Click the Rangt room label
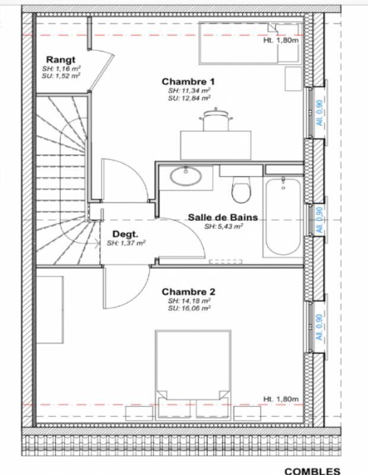click(61, 59)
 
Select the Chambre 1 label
click(188, 81)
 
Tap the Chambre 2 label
click(188, 292)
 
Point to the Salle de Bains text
click(223, 217)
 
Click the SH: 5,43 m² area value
click(223, 226)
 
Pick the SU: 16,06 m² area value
click(189, 309)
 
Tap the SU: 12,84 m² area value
click(189, 99)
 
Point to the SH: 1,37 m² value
click(126, 243)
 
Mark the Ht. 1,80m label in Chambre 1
click(281, 41)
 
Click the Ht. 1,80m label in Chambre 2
click(281, 399)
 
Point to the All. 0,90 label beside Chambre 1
click(319, 112)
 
